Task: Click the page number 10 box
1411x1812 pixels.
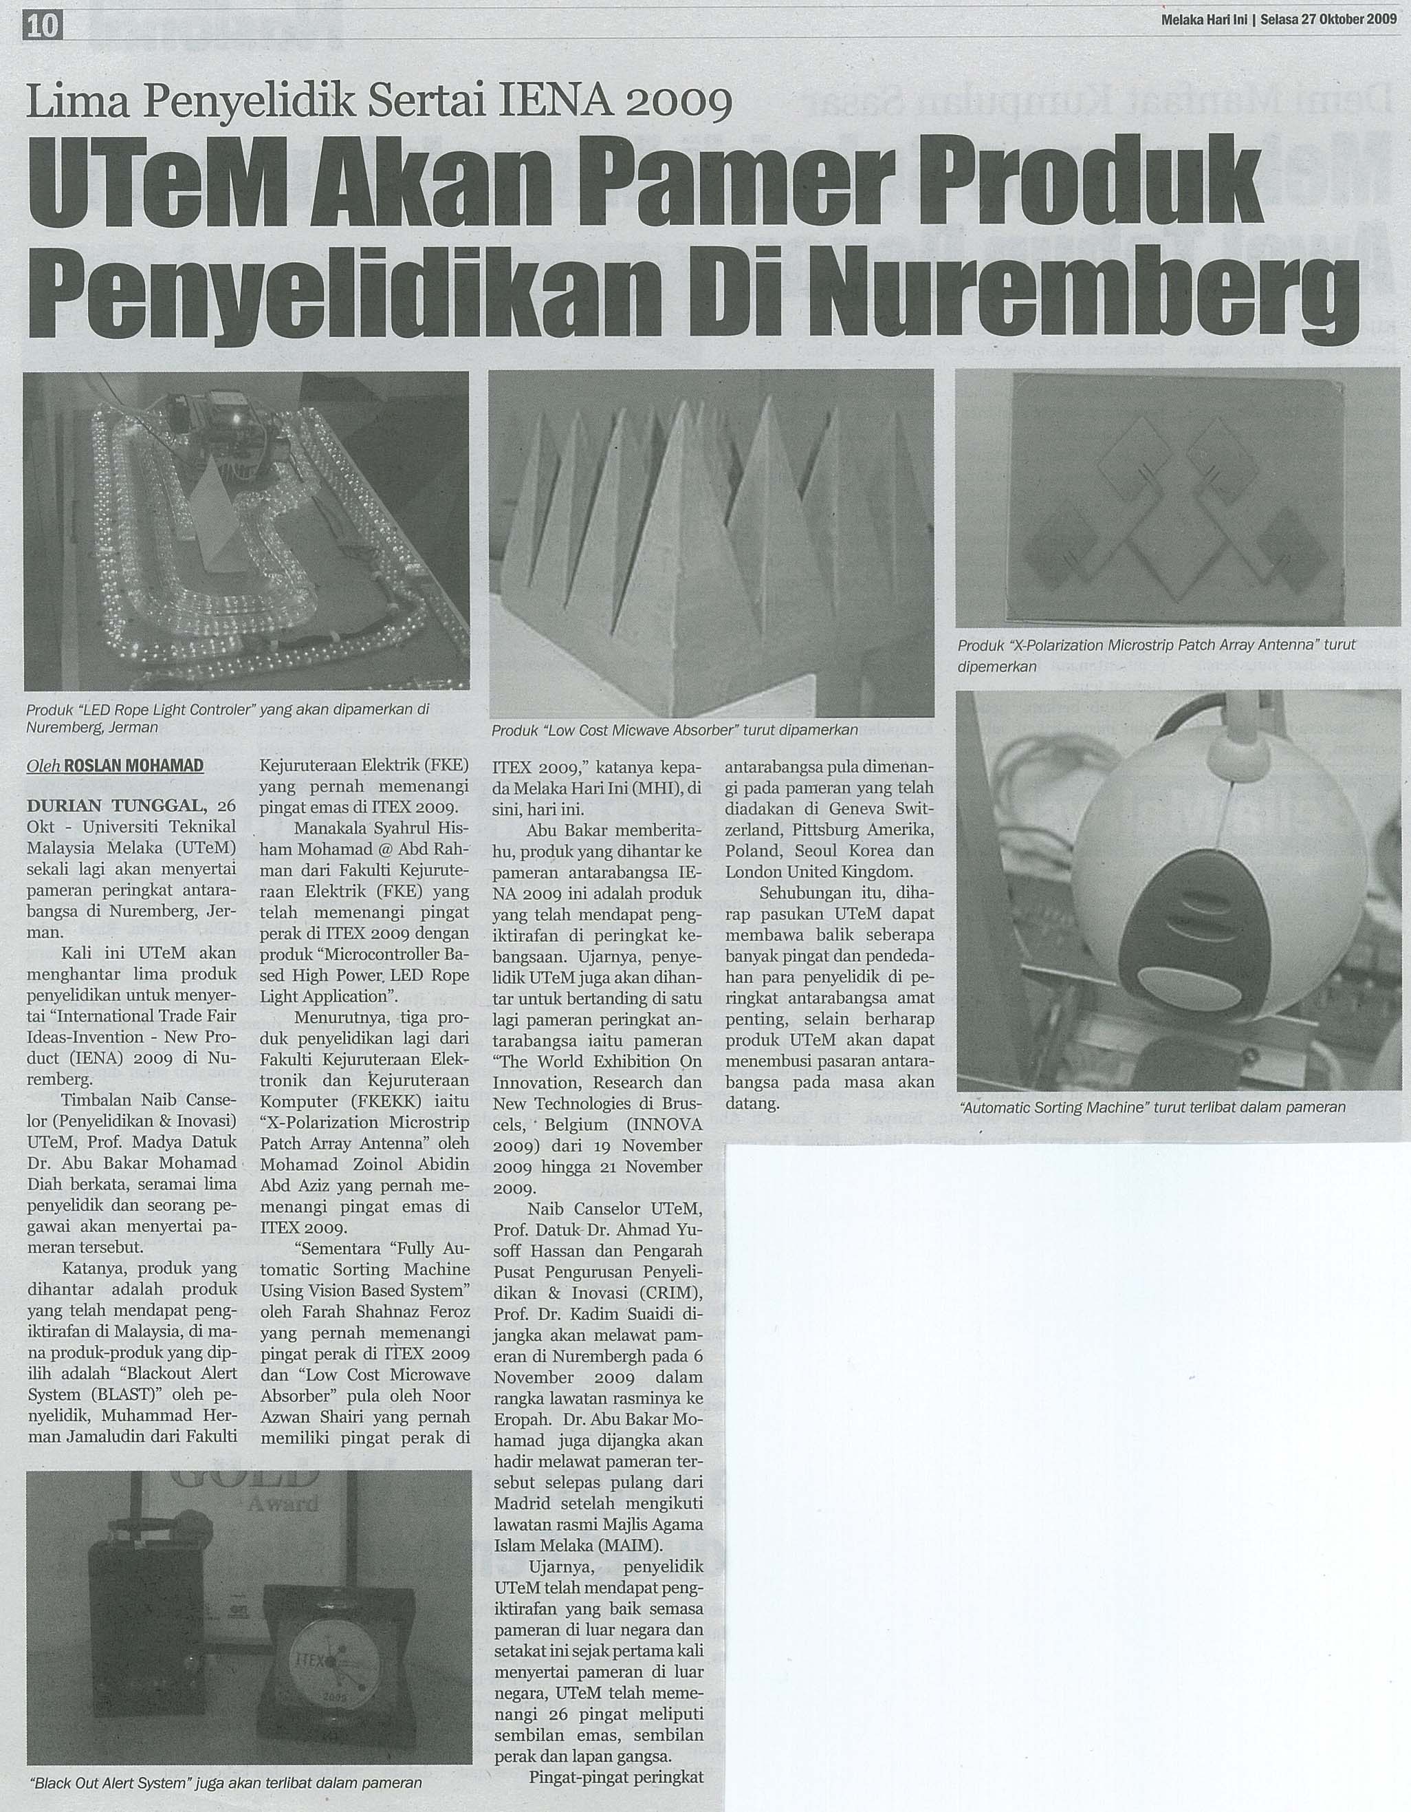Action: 43,28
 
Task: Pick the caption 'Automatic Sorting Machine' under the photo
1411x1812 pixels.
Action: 1152,1107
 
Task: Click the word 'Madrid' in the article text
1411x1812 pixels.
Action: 525,1504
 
